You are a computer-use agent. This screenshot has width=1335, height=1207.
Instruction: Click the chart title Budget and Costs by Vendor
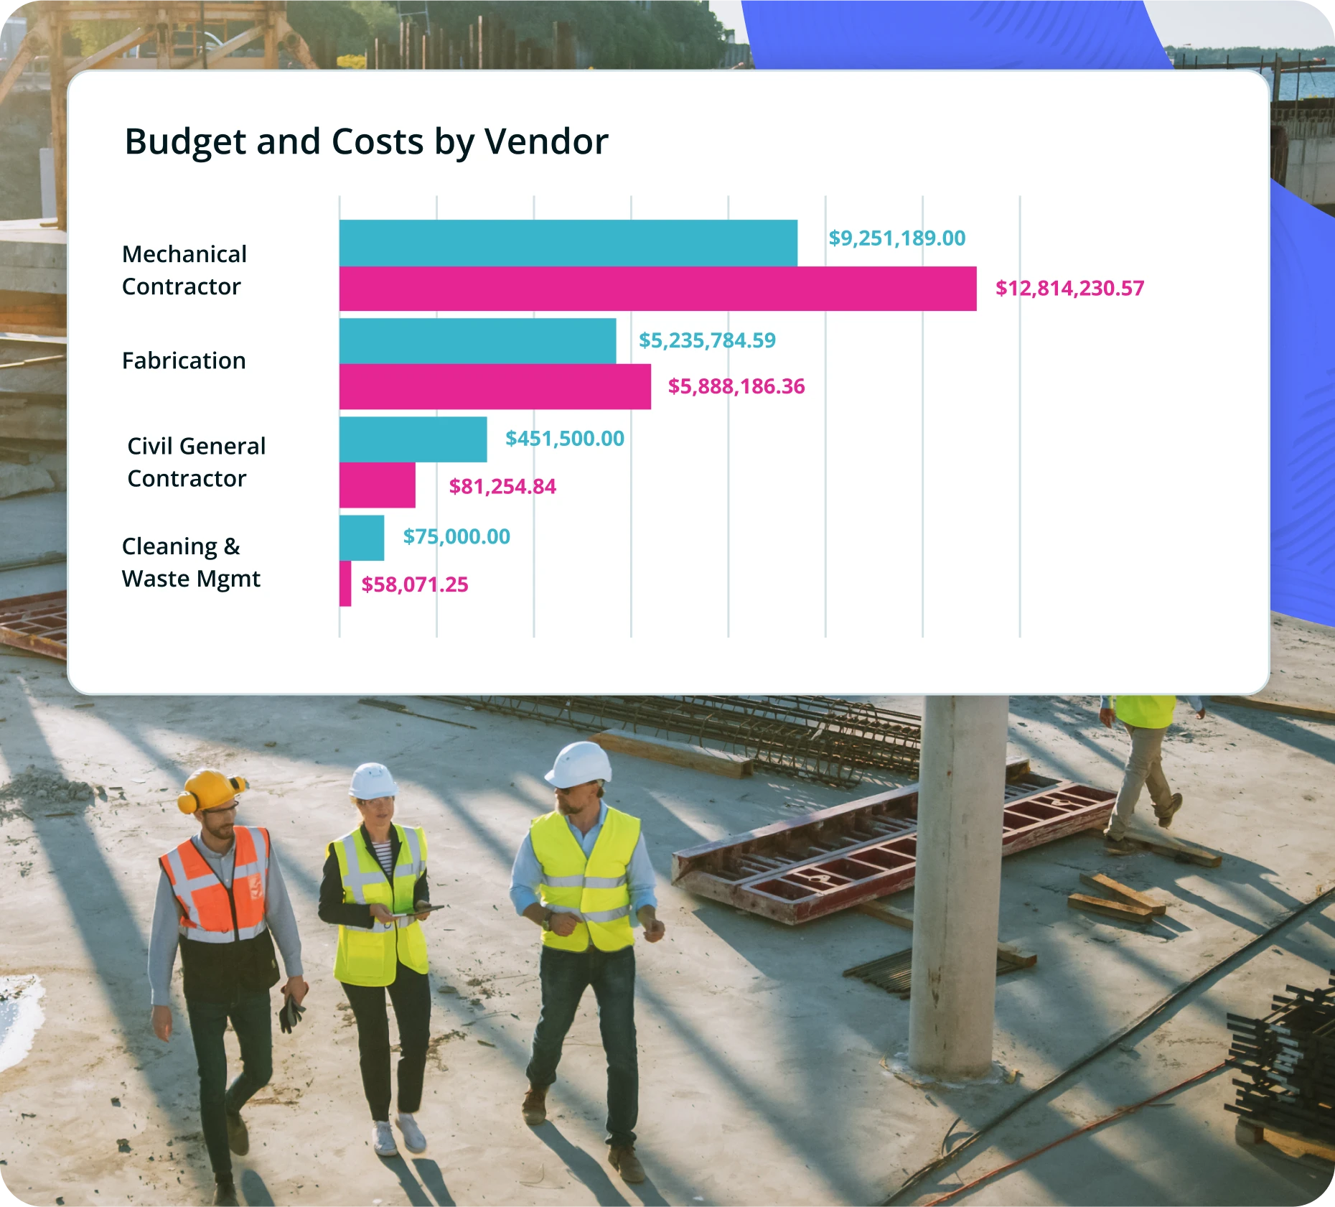click(x=366, y=141)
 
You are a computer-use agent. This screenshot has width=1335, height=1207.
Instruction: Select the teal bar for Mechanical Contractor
click(x=568, y=243)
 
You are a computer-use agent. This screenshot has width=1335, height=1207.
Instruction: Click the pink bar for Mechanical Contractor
click(x=657, y=289)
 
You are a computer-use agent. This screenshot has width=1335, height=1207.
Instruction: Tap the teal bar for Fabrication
click(x=477, y=340)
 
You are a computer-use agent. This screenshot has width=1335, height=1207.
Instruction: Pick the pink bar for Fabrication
click(x=495, y=386)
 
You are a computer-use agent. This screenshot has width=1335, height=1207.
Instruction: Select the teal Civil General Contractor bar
click(x=413, y=439)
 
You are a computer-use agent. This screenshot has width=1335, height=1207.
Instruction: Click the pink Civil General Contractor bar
click(x=377, y=485)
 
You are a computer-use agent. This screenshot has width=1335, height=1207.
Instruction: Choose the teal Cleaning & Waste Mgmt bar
click(x=362, y=537)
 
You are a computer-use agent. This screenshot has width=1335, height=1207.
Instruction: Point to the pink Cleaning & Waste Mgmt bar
click(x=345, y=583)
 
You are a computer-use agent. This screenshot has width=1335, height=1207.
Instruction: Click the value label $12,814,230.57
click(x=1069, y=289)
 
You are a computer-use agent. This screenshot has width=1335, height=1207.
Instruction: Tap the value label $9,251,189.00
click(x=896, y=238)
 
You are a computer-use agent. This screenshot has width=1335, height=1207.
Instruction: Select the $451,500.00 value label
click(x=564, y=439)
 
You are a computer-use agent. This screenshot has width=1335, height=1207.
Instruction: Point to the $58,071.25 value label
click(x=414, y=584)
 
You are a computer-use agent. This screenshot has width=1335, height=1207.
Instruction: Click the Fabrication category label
click(x=184, y=360)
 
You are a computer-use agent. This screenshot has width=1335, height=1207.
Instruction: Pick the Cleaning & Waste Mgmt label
click(x=191, y=562)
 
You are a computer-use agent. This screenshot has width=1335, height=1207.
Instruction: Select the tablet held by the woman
click(x=416, y=910)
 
